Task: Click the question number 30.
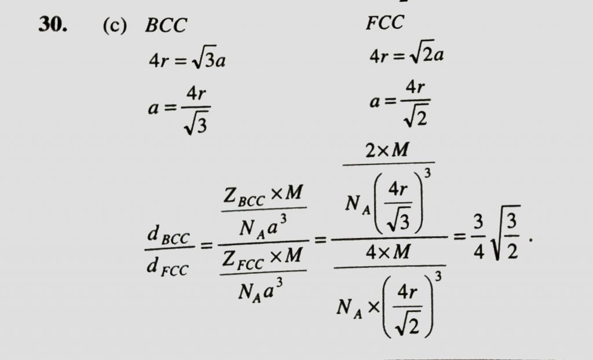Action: pos(53,25)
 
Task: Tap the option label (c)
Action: pos(115,25)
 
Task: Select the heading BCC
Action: pos(166,25)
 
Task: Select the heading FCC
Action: pos(385,23)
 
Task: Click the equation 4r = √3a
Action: pos(187,60)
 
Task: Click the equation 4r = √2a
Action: pos(407,56)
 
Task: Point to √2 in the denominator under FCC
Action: pos(416,117)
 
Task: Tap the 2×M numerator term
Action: pos(387,150)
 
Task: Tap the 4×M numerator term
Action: pos(387,251)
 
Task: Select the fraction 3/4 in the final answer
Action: pos(478,237)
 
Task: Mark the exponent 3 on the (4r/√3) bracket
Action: pos(427,173)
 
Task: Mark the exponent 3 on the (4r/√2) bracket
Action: pos(438,277)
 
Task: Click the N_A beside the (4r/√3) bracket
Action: pos(357,205)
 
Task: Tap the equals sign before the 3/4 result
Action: pos(460,237)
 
